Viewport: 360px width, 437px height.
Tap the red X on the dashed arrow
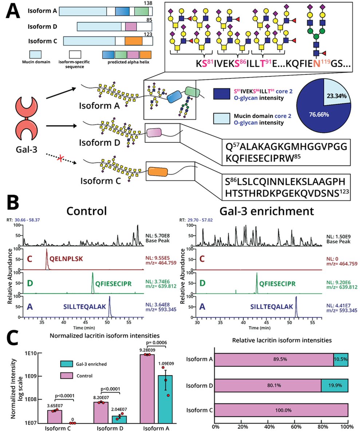(x=60, y=156)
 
